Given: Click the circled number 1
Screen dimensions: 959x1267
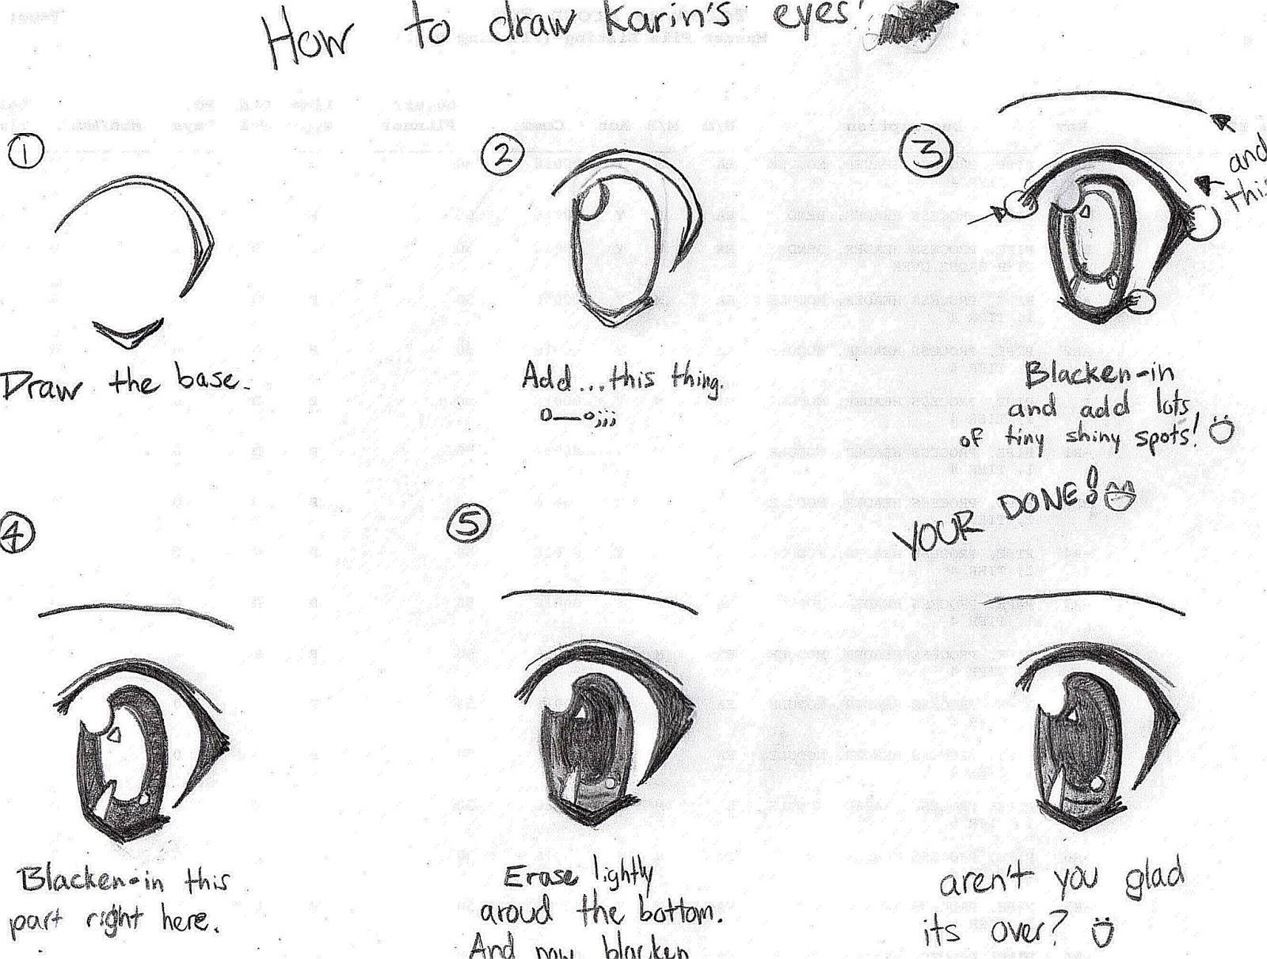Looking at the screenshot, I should coord(24,153).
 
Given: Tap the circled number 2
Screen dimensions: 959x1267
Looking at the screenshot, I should coord(502,154).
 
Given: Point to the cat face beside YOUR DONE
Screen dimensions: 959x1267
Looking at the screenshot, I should coord(1120,497).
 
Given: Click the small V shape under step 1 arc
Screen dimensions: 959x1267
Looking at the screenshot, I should coord(128,333).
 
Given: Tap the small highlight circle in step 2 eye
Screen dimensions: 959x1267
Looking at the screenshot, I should coord(594,203).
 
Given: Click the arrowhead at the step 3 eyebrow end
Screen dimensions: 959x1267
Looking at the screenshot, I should coord(1223,122).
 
